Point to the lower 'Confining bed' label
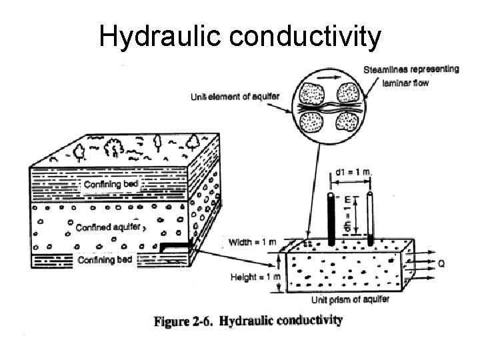pos(105,259)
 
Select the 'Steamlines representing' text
pos(411,70)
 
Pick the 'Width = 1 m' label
pos(251,242)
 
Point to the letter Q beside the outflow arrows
pos(441,264)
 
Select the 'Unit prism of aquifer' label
pos(355,300)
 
